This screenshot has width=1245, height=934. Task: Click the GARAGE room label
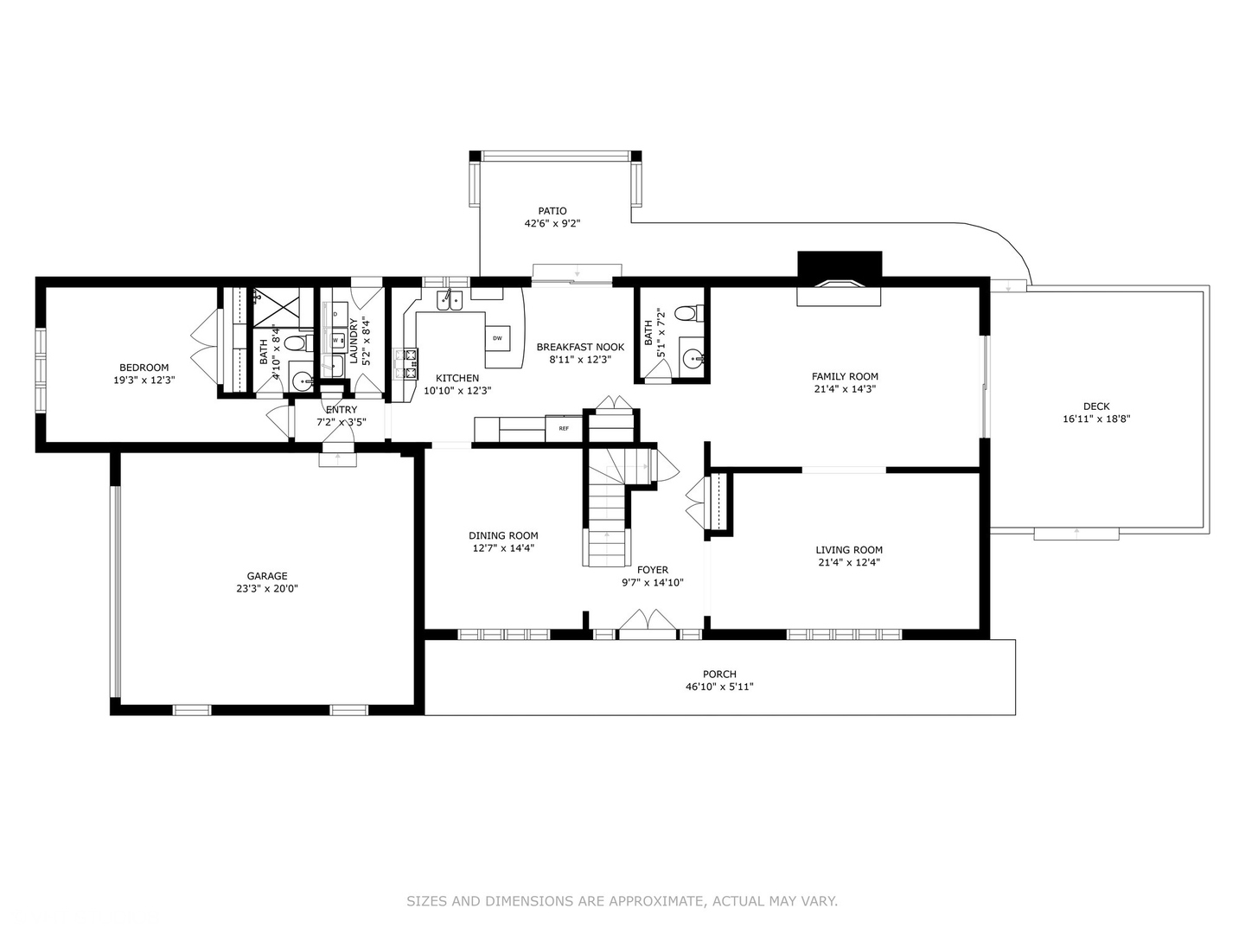pos(266,576)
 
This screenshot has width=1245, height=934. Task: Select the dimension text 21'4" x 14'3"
pos(845,389)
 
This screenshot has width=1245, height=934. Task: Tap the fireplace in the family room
pos(839,278)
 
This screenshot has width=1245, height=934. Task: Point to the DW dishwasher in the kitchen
pos(497,337)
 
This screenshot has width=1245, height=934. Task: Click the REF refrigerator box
pos(564,428)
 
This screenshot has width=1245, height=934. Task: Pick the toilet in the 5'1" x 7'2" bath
pos(686,312)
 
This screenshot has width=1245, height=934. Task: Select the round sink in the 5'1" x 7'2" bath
pos(692,358)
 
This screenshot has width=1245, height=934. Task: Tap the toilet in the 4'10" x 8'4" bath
pos(295,343)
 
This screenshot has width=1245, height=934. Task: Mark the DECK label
pos(1096,406)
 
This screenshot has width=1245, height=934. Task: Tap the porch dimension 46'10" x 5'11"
pos(719,687)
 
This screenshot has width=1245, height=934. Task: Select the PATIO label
pos(552,211)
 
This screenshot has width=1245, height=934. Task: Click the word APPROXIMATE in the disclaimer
pos(655,901)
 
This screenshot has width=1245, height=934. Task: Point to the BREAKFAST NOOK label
pos(580,347)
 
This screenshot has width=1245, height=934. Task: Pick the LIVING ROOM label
pos(849,550)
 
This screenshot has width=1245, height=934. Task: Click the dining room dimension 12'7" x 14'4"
pos(503,547)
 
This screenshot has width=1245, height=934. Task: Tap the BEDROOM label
pos(144,368)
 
